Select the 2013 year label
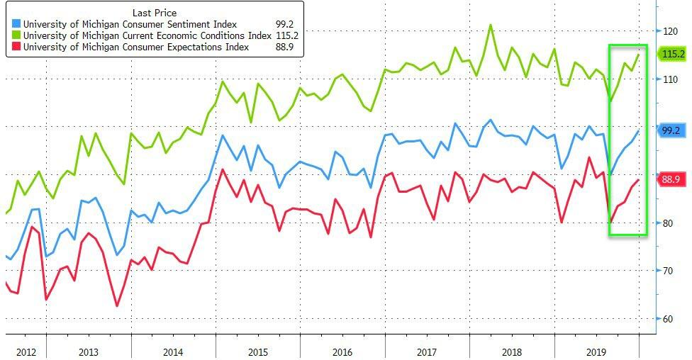pyautogui.click(x=88, y=351)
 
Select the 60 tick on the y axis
pyautogui.click(x=669, y=319)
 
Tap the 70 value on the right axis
pyautogui.click(x=669, y=271)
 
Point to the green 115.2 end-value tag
pyautogui.click(x=672, y=54)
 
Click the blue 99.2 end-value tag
pyautogui.click(x=671, y=130)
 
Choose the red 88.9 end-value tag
pyautogui.click(x=671, y=180)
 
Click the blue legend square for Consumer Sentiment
pyautogui.click(x=16, y=25)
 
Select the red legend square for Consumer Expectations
pyautogui.click(x=16, y=47)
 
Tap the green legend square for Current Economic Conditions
pyautogui.click(x=16, y=36)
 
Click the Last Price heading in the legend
pyautogui.click(x=155, y=13)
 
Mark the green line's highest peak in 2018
pyautogui.click(x=490, y=25)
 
